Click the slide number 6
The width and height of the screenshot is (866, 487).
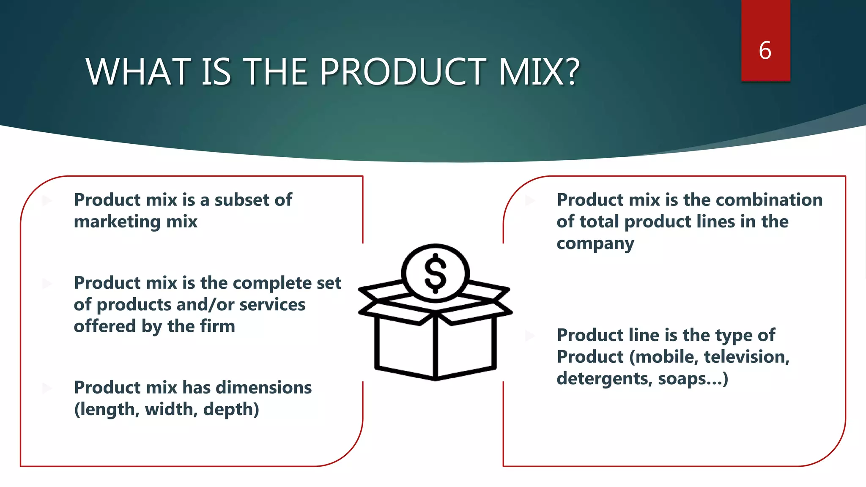765,51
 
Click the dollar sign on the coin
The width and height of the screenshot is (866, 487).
435,274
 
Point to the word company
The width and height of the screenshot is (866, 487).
595,244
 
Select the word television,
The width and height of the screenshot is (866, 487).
746,357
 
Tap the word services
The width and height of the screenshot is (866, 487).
272,305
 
